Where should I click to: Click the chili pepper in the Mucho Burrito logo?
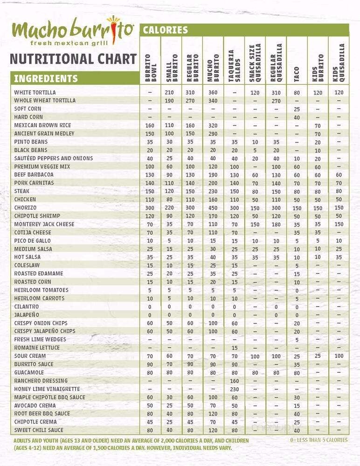pyautogui.click(x=113, y=29)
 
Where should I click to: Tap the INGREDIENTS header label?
pyautogui.click(x=46, y=78)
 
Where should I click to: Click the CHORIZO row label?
pyautogui.click(x=25, y=207)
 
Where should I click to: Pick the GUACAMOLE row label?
pyautogui.click(x=29, y=373)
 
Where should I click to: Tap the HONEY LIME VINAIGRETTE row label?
pyautogui.click(x=47, y=389)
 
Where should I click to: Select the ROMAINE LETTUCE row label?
pyautogui.click(x=37, y=348)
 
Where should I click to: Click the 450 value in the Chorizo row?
pyautogui.click(x=213, y=208)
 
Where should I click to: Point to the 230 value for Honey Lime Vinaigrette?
pyautogui.click(x=234, y=389)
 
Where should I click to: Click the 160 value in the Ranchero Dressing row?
pyautogui.click(x=234, y=381)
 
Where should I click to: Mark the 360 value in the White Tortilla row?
pyautogui.click(x=213, y=93)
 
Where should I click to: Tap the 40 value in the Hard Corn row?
pyautogui.click(x=297, y=117)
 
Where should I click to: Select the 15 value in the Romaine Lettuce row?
pyautogui.click(x=234, y=348)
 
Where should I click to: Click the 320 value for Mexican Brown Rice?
pyautogui.click(x=213, y=126)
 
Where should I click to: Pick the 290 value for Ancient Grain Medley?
pyautogui.click(x=213, y=134)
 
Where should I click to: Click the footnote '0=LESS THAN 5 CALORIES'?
pyautogui.click(x=318, y=439)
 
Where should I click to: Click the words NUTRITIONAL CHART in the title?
pyautogui.click(x=73, y=59)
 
